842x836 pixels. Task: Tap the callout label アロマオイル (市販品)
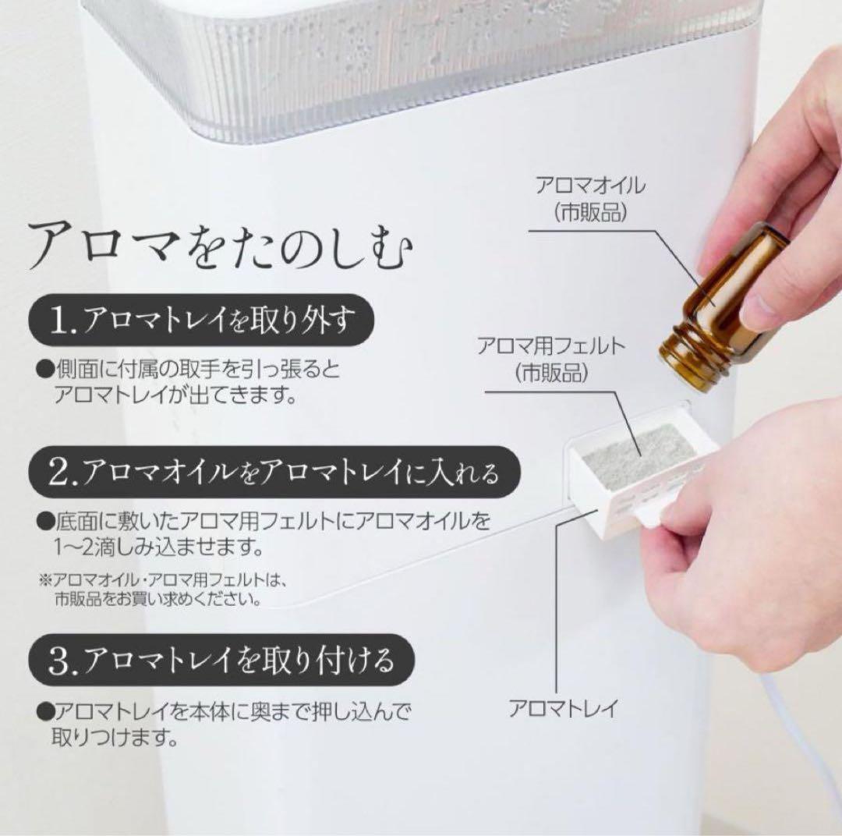click(x=590, y=200)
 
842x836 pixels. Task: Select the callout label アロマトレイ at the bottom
click(x=563, y=708)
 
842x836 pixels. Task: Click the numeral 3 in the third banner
click(x=60, y=661)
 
